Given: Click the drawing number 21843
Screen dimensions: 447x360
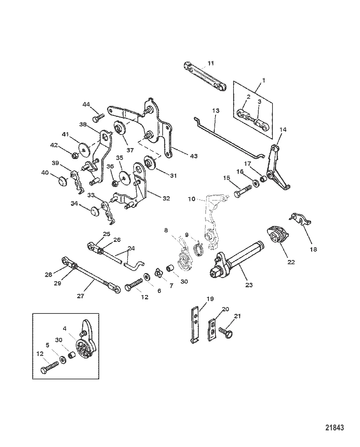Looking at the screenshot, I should click(x=334, y=428).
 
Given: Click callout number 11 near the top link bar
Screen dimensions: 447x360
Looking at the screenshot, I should click(x=211, y=63).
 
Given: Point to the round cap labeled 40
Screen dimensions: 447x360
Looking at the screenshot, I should click(x=62, y=181).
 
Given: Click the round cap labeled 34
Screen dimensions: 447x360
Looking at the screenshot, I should click(x=94, y=211).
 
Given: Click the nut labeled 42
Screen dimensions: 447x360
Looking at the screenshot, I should click(x=75, y=155).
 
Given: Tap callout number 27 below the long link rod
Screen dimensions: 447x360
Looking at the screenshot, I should click(x=81, y=296).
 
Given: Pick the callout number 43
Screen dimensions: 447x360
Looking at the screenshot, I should click(x=193, y=156).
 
